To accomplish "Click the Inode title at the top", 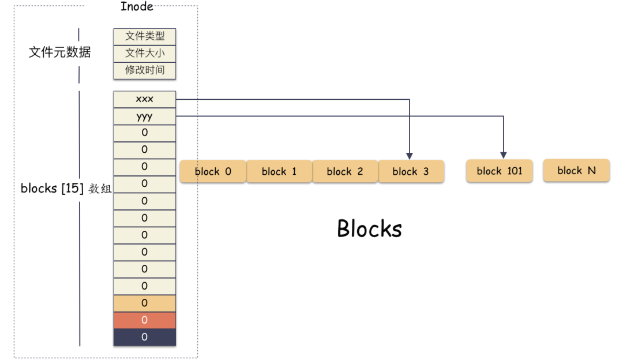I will tap(137, 7).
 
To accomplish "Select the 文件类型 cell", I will tap(145, 36).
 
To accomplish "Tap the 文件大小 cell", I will tap(145, 53).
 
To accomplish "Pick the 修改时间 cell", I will tap(145, 70).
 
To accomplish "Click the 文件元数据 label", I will tap(59, 52).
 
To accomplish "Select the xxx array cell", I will tap(145, 99).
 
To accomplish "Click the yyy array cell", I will tap(145, 116).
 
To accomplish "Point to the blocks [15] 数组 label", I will tap(66, 189).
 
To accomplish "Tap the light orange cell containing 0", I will tap(145, 303).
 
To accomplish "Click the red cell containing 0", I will tap(145, 320).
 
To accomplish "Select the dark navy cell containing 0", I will tap(145, 337).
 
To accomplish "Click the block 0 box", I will tap(213, 171).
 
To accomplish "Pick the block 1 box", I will tap(279, 171).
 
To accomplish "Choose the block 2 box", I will tap(345, 171).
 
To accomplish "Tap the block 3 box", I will tap(411, 171).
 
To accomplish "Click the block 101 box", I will tap(499, 171).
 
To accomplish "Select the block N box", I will tap(576, 170).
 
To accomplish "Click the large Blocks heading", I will tap(369, 228).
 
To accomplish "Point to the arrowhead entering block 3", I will tap(410, 156).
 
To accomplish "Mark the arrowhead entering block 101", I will tap(503, 155).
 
